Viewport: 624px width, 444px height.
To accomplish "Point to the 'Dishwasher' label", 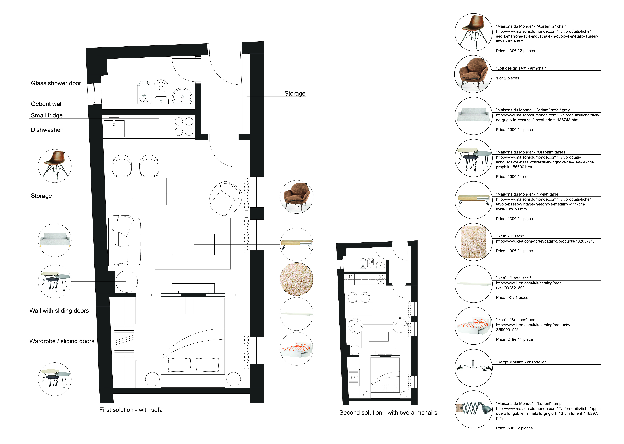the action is tap(46, 130).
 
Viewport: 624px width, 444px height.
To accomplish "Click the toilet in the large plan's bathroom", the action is tap(161, 92).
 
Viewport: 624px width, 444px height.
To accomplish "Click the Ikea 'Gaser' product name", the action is tap(510, 236).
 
